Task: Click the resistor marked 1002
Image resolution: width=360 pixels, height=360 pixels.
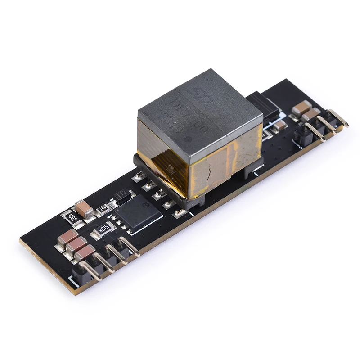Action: click(72, 217)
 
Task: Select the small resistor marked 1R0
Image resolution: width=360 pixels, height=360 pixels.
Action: click(103, 208)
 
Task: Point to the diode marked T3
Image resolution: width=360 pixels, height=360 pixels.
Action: click(122, 195)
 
